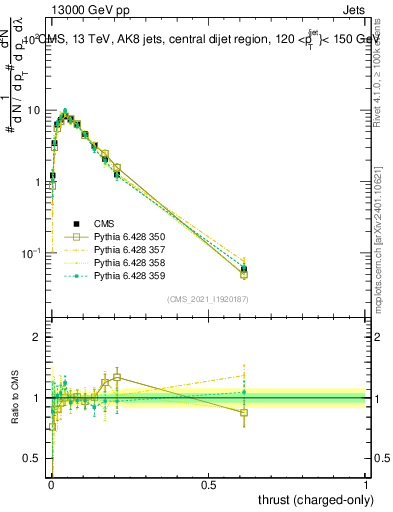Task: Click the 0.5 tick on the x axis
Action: pyautogui.click(x=208, y=485)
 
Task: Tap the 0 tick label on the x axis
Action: pyautogui.click(x=51, y=485)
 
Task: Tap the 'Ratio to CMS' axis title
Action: pyautogui.click(x=14, y=398)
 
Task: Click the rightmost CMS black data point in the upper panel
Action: pyautogui.click(x=244, y=269)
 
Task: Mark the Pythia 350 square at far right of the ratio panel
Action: pyautogui.click(x=244, y=412)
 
